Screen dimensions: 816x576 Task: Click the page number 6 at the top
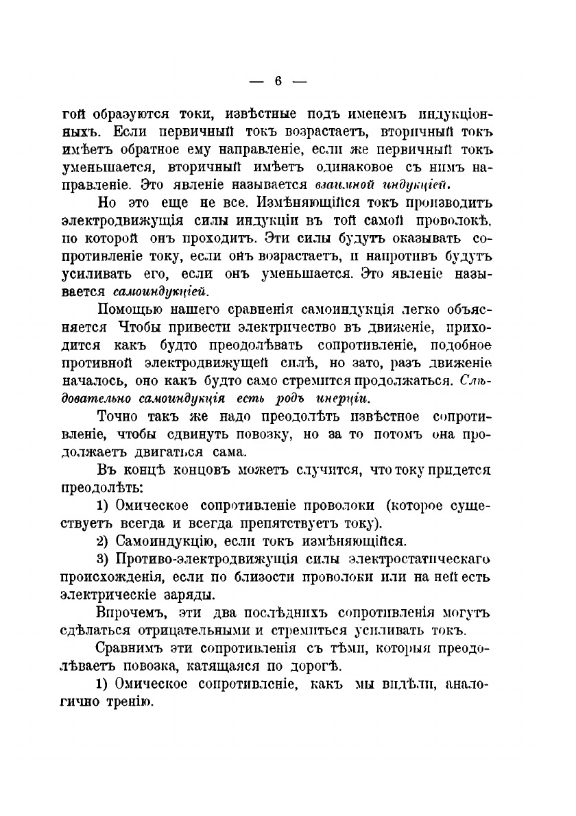pyautogui.click(x=278, y=81)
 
